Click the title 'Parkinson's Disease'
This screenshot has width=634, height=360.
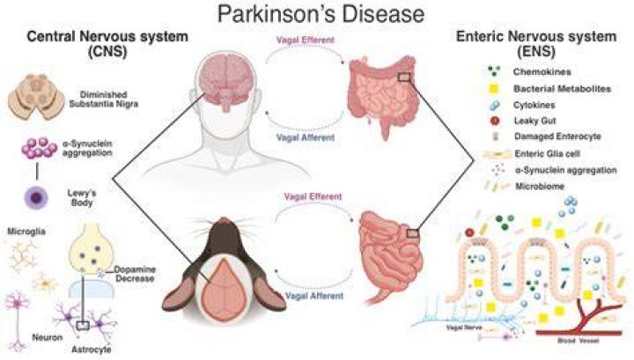[321, 14]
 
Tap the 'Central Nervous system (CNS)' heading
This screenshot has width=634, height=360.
[107, 44]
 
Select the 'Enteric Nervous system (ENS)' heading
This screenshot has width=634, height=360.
[536, 44]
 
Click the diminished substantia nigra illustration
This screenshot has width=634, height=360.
[36, 97]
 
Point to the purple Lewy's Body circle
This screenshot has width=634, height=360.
[36, 198]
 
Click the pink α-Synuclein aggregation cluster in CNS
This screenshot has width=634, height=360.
[39, 148]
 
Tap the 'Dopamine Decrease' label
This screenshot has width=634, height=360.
[135, 274]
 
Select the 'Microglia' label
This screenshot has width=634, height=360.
[26, 231]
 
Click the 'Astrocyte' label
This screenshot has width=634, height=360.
[92, 349]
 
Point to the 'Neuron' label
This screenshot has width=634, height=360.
[48, 337]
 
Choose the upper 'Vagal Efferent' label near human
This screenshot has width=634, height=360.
[306, 40]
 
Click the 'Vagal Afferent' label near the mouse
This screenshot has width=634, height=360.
[314, 296]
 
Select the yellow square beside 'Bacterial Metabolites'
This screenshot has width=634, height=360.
[494, 89]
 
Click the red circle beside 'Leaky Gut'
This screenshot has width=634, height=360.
[494, 121]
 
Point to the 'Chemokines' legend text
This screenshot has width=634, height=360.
[542, 72]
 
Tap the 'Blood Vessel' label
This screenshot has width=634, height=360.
[579, 341]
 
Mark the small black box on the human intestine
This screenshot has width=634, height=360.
[404, 77]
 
